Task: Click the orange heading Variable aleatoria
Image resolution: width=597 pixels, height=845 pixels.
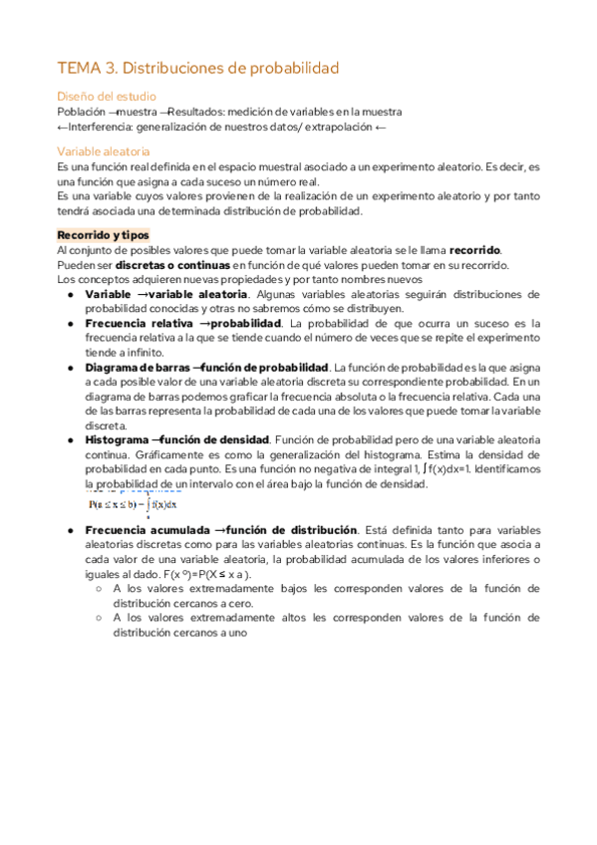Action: tap(104, 151)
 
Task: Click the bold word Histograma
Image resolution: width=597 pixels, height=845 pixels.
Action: tap(117, 439)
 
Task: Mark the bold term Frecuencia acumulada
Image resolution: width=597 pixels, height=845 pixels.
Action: tap(143, 529)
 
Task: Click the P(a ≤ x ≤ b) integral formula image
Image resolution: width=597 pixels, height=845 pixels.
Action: tap(132, 502)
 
